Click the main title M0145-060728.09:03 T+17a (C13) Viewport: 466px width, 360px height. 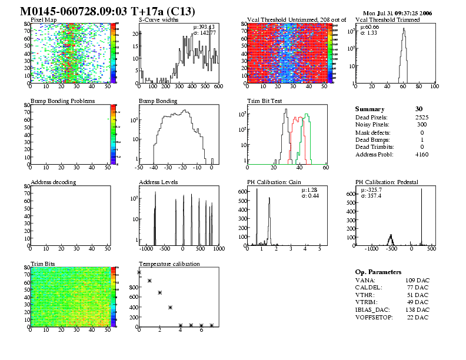pos(108,11)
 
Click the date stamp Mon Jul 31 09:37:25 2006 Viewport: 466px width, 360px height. pos(397,13)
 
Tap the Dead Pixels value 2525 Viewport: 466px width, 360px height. pos(422,118)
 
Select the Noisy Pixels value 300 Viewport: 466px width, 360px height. pos(422,125)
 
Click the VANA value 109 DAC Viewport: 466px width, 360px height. pos(417,281)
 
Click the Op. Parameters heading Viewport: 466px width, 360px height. pos(378,272)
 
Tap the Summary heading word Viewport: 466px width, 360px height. pos(370,109)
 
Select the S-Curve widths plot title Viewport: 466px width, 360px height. pos(158,20)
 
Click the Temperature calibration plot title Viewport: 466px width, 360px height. pos(169,264)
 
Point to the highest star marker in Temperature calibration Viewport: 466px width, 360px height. pos(139,272)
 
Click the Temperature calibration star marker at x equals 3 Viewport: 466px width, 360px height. pos(170,308)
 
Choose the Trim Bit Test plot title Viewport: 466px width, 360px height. pos(264,101)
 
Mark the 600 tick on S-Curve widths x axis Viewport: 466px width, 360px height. pos(218,86)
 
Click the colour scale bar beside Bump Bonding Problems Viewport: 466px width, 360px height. pos(114,132)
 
